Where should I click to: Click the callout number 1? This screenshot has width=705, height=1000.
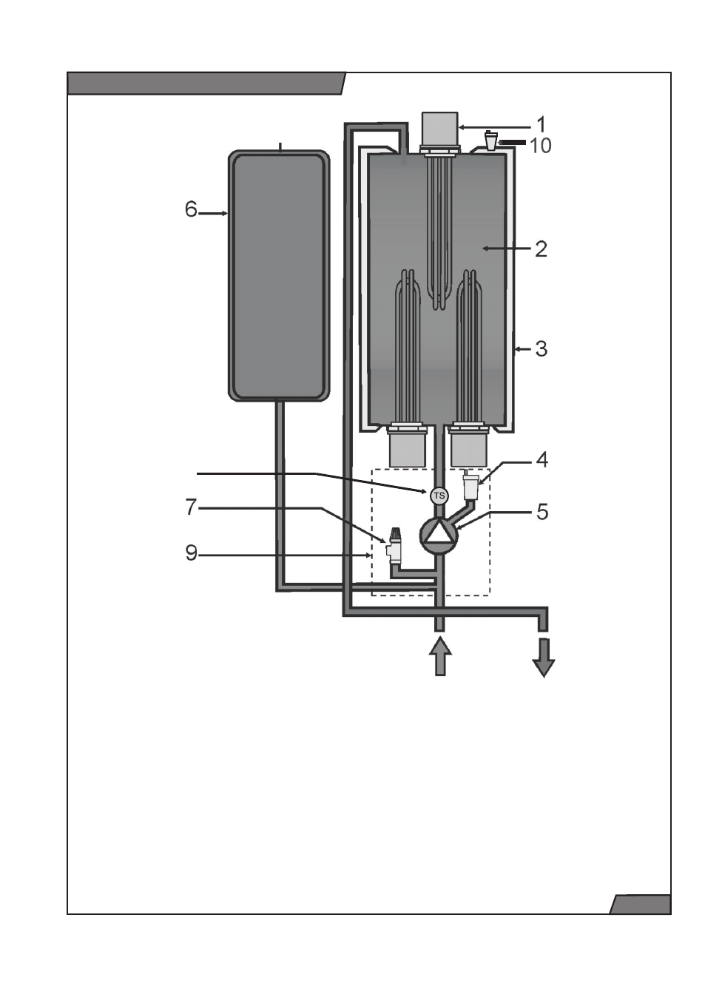coord(541,124)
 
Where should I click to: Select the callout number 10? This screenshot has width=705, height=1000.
coord(540,146)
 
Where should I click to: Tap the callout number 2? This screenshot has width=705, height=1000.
coord(541,249)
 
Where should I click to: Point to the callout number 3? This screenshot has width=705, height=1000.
coord(541,348)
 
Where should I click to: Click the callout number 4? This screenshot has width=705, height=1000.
coord(542,460)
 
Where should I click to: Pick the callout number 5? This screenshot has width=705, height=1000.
coord(542,512)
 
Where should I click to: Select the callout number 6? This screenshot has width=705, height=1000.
coord(191,209)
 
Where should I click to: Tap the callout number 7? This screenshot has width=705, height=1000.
coord(191,507)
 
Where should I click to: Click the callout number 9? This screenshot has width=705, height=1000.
coord(191,553)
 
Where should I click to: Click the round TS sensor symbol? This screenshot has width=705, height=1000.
coord(439,496)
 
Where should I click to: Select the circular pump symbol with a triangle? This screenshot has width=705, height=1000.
coord(439,535)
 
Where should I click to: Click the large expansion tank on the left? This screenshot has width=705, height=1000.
coord(279,275)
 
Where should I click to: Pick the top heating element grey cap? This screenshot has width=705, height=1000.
coord(439,129)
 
